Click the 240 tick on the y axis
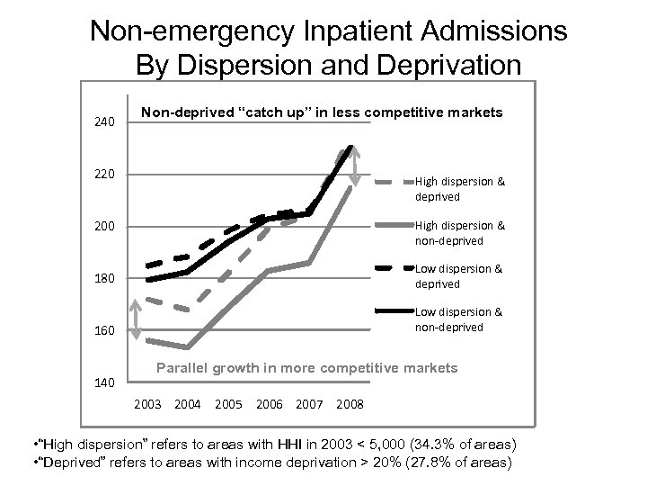(106, 121)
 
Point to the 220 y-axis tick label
(106, 174)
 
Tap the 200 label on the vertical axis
(106, 226)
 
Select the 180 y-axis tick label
(106, 278)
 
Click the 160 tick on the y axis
(106, 330)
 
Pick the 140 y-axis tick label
(106, 382)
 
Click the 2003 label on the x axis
(147, 403)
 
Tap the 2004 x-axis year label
(188, 403)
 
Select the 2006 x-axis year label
(270, 403)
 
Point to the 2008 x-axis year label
(350, 403)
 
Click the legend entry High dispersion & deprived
(459, 189)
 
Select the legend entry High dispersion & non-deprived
(459, 232)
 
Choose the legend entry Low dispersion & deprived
(459, 275)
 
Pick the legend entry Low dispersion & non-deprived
(459, 319)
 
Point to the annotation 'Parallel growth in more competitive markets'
(307, 368)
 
